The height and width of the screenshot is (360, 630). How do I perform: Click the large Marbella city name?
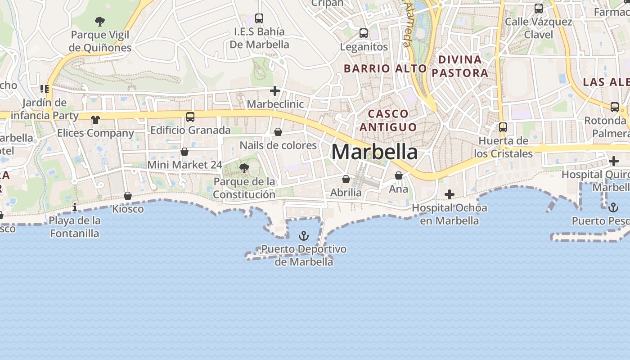click(x=374, y=152)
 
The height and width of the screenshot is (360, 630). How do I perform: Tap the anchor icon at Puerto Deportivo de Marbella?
click(x=304, y=236)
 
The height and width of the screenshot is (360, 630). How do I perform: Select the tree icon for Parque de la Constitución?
click(x=244, y=169)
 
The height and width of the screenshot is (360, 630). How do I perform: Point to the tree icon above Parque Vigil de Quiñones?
click(x=100, y=21)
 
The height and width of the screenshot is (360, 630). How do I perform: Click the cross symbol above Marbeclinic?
click(x=275, y=91)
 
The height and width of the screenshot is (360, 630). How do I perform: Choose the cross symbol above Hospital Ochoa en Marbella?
click(x=449, y=194)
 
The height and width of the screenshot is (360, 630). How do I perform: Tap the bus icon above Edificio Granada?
click(x=190, y=117)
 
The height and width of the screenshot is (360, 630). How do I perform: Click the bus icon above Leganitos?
click(x=363, y=33)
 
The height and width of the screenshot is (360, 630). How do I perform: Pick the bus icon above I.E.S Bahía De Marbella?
click(x=259, y=18)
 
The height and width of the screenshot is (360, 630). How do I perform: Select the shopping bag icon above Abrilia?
click(x=346, y=180)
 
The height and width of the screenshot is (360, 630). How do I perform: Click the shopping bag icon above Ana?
click(x=398, y=175)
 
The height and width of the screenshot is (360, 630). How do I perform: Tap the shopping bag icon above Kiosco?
click(x=128, y=196)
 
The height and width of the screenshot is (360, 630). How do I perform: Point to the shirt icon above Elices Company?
click(x=95, y=120)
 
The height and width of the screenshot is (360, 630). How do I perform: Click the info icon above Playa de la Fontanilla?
click(x=75, y=207)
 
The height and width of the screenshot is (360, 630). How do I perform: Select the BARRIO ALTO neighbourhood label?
click(x=385, y=68)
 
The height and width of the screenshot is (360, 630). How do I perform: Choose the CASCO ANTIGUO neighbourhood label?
click(x=387, y=120)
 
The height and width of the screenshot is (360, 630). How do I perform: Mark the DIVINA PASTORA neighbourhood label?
click(x=460, y=66)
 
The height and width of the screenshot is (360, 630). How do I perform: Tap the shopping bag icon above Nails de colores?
click(x=278, y=132)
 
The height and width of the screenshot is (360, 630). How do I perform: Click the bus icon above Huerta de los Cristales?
click(x=503, y=127)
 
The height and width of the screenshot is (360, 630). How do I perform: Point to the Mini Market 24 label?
click(x=185, y=165)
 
